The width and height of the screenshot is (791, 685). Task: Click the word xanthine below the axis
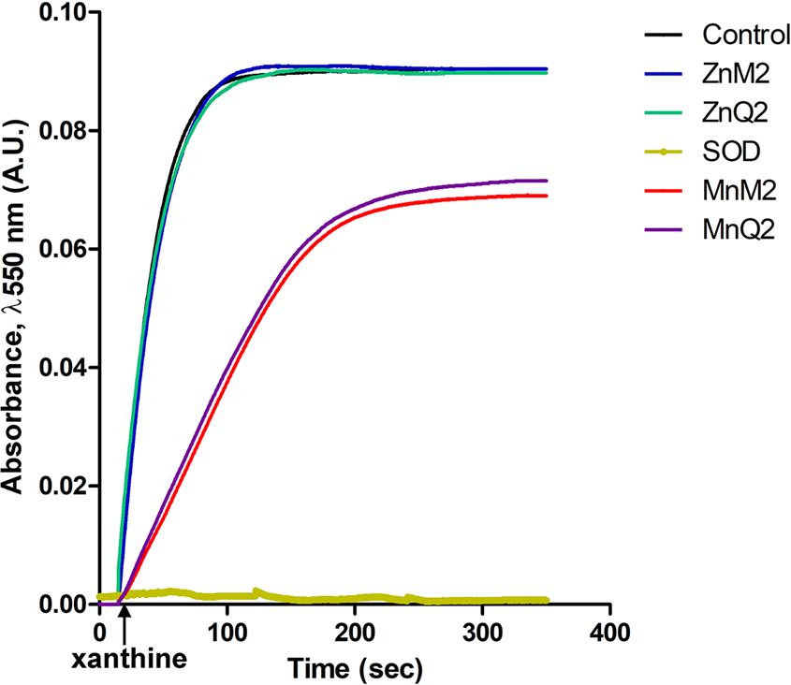coord(129,658)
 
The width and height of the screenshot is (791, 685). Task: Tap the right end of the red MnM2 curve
coord(546,196)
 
